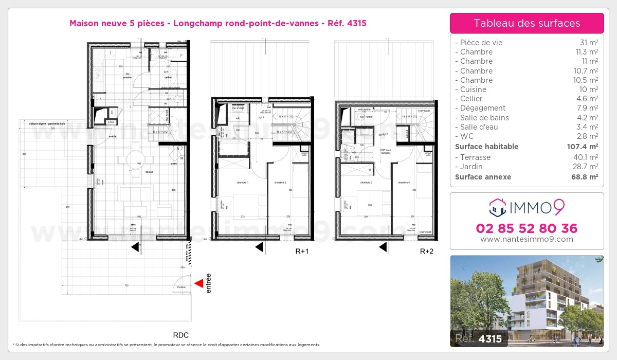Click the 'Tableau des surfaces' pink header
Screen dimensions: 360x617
(x=527, y=23)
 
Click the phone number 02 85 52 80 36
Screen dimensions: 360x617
(x=527, y=228)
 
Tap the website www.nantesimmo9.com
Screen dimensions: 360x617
(x=527, y=239)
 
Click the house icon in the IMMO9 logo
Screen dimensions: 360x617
(x=497, y=208)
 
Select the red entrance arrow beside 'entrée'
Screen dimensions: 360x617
(x=198, y=283)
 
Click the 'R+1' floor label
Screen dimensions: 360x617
(x=302, y=251)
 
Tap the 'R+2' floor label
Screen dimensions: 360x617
(x=427, y=251)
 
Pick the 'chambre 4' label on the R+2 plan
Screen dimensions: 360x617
(x=404, y=183)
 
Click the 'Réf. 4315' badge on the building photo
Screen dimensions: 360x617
(x=479, y=339)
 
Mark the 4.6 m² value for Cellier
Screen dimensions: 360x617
(x=588, y=99)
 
